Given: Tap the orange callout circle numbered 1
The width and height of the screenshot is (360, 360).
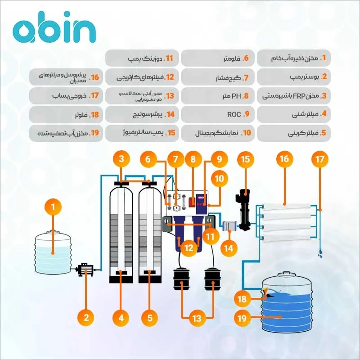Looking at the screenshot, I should (x=53, y=207).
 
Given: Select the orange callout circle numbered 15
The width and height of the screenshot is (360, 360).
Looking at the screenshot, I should (x=245, y=159).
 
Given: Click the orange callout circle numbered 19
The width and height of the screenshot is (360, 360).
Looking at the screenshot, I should (x=242, y=318).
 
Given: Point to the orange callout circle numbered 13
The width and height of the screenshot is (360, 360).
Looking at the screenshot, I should (x=197, y=318).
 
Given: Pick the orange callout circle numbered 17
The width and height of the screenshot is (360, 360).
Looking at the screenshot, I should (x=320, y=159).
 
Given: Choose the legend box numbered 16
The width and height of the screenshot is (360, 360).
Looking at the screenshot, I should (x=67, y=77).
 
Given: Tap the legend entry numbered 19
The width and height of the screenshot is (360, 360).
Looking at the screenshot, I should (x=67, y=133).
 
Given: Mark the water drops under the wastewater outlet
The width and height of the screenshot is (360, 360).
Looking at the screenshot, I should (x=319, y=254).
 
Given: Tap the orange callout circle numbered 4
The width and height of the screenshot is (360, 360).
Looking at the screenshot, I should (x=120, y=318).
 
